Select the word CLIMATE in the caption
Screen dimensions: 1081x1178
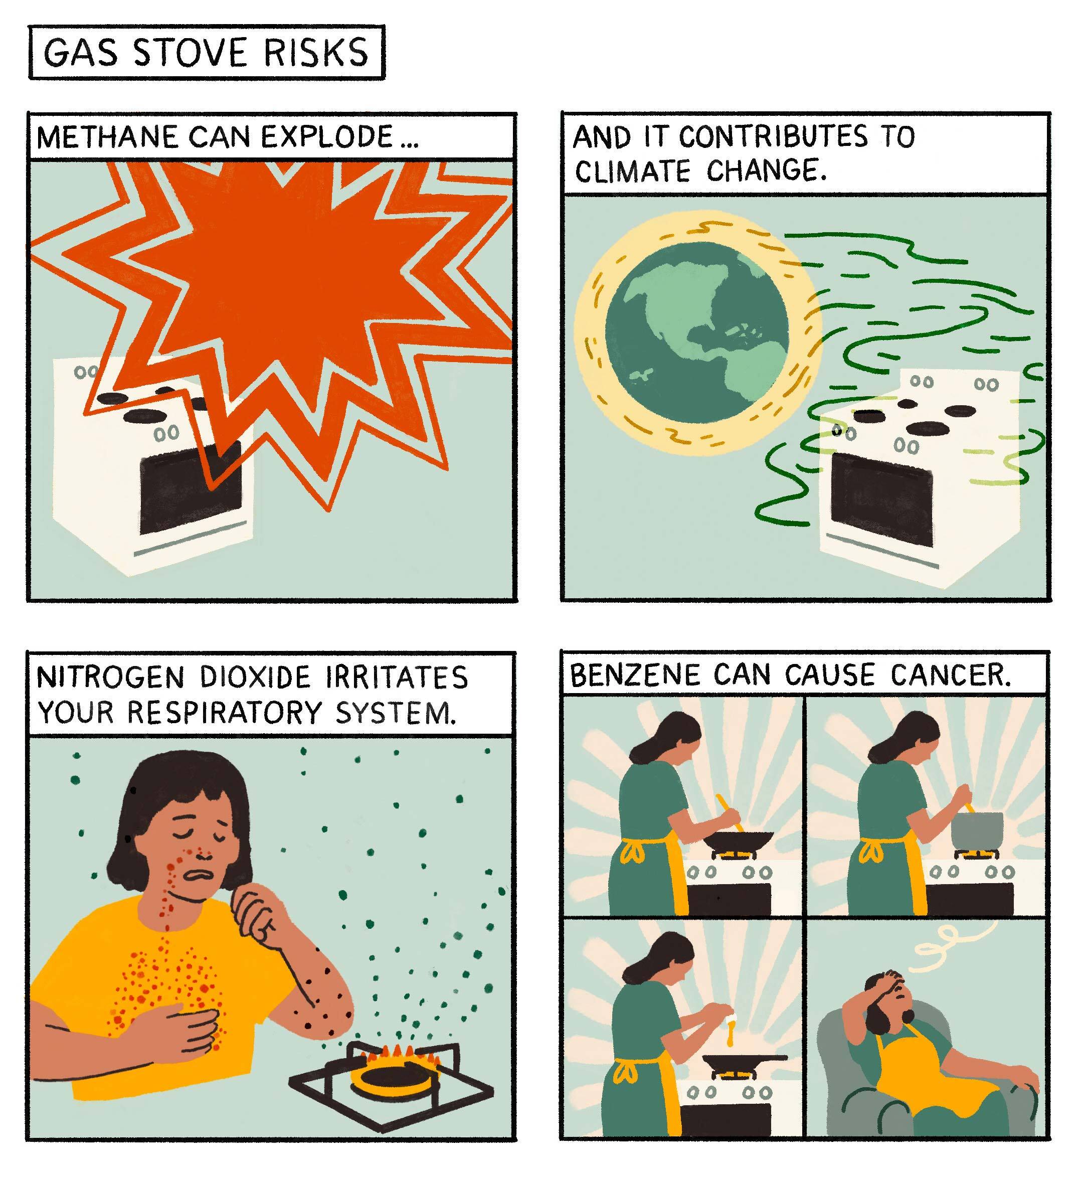(632, 172)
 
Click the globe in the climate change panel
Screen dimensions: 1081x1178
(697, 333)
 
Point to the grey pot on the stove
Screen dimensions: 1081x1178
(977, 830)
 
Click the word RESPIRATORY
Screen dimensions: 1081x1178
(225, 713)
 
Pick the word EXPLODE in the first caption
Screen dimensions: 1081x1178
(326, 138)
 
